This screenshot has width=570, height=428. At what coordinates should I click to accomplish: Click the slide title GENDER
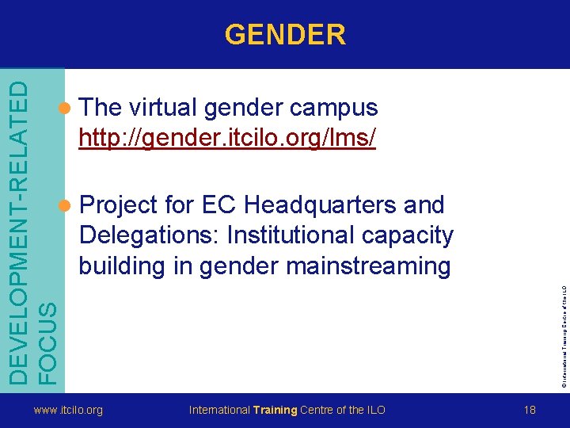pos(285,35)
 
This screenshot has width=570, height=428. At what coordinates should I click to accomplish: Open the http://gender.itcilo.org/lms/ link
pos(226,138)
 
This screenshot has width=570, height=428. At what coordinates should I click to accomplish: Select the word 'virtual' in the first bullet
pos(161,108)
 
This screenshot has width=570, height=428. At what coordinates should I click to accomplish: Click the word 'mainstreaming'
pos(368,266)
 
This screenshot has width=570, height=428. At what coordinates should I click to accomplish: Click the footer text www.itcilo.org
pos(67,410)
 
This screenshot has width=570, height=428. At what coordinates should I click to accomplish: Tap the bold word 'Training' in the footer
pos(275,410)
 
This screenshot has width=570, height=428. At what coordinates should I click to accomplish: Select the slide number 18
pos(530,410)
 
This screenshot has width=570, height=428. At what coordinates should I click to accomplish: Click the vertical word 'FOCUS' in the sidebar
pos(47,332)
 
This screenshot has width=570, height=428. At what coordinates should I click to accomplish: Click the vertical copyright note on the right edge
pos(564,325)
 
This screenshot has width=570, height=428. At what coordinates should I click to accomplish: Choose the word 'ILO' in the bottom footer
pos(377,410)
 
